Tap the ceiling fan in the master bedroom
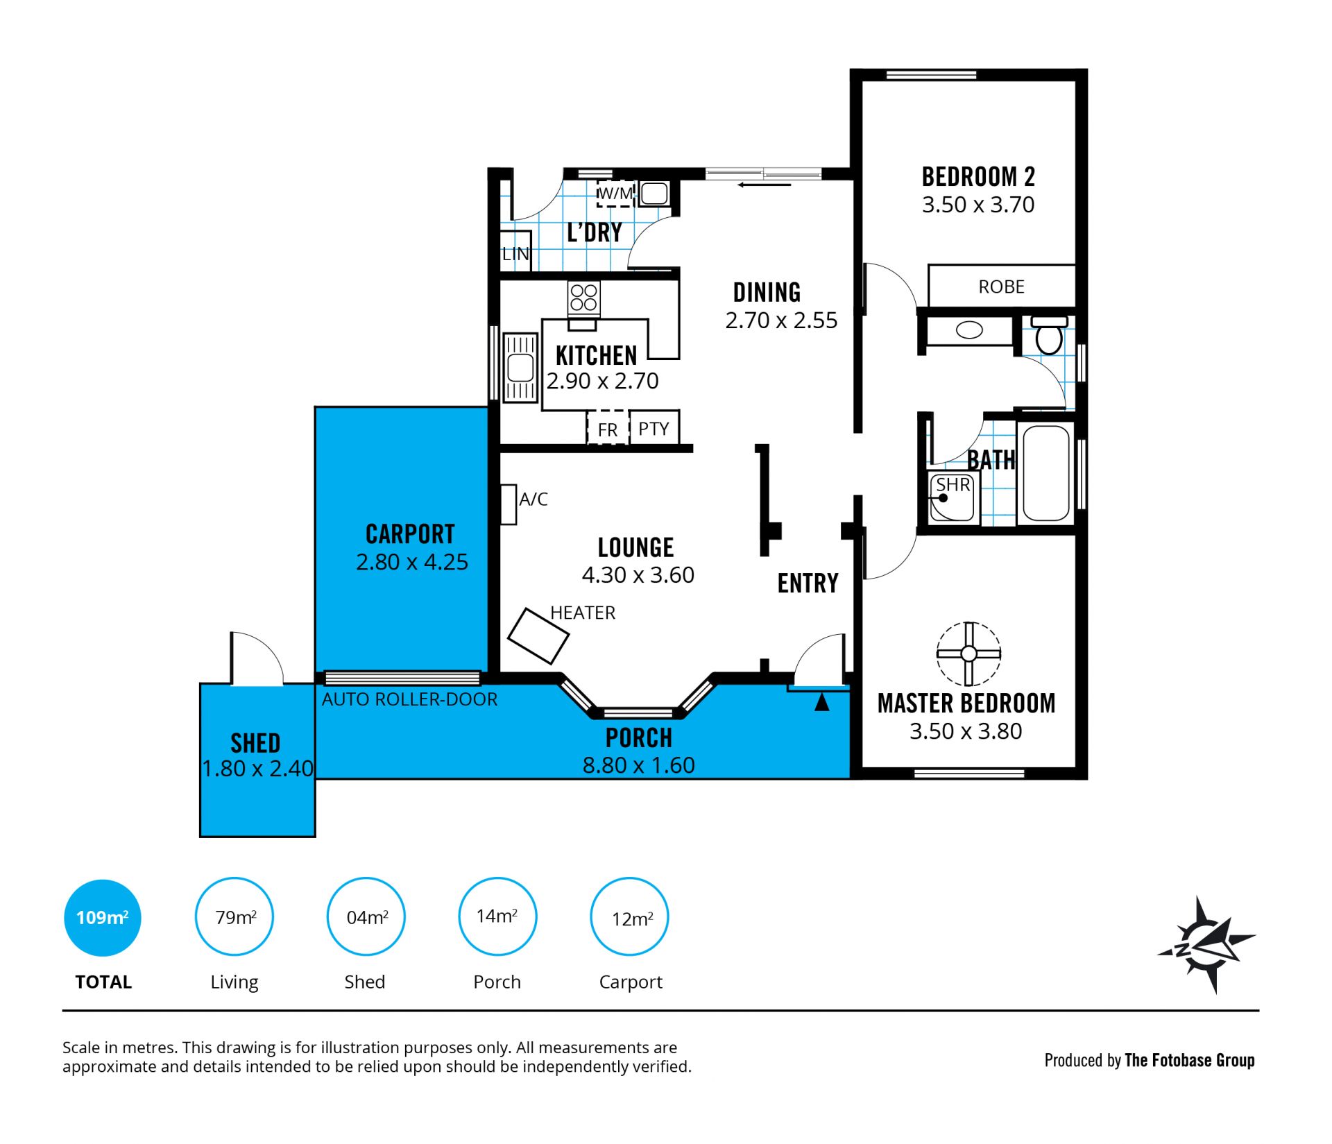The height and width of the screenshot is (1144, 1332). click(x=968, y=654)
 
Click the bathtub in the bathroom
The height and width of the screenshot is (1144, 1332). click(x=1045, y=472)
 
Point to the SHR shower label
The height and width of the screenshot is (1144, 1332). click(x=953, y=484)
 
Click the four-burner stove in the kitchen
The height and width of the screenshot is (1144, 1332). click(x=583, y=298)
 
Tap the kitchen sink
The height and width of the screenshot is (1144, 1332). click(x=520, y=368)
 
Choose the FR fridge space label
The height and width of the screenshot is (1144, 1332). click(x=607, y=430)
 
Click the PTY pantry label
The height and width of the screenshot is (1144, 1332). click(x=654, y=429)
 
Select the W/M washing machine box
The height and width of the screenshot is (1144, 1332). click(x=615, y=193)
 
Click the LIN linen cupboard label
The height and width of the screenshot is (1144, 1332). click(x=515, y=254)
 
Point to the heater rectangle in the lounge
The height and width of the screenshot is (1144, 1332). click(x=538, y=635)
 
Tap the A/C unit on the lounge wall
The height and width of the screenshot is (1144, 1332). click(x=509, y=504)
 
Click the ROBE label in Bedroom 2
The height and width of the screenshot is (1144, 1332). click(x=1001, y=287)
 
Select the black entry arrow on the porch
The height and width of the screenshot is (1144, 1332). click(x=821, y=702)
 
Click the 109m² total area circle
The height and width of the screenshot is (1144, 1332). click(x=103, y=918)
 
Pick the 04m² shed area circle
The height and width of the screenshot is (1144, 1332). click(x=366, y=916)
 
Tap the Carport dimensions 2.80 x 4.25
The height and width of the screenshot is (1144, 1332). click(x=412, y=561)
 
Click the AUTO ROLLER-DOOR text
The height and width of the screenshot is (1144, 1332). click(x=409, y=699)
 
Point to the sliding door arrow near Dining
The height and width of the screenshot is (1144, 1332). click(x=764, y=185)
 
